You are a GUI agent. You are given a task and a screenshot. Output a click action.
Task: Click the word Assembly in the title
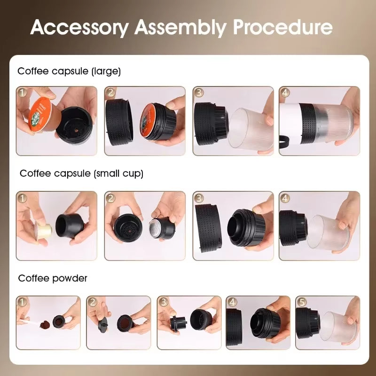click(181, 28)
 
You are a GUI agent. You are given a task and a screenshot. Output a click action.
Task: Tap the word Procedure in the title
click(283, 28)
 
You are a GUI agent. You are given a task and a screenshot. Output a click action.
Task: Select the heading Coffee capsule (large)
click(69, 71)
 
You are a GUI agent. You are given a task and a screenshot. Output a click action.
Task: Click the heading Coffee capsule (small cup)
click(81, 173)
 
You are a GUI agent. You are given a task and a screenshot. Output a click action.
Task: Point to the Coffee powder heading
click(53, 278)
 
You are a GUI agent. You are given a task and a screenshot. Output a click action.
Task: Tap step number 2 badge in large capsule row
click(110, 93)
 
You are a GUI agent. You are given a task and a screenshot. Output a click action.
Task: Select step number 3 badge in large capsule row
click(199, 93)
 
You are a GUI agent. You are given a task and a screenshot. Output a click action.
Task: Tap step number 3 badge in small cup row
click(199, 198)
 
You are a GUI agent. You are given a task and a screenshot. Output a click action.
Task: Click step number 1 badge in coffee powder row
click(22, 302)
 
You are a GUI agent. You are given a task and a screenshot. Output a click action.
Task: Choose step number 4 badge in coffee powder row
click(232, 302)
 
